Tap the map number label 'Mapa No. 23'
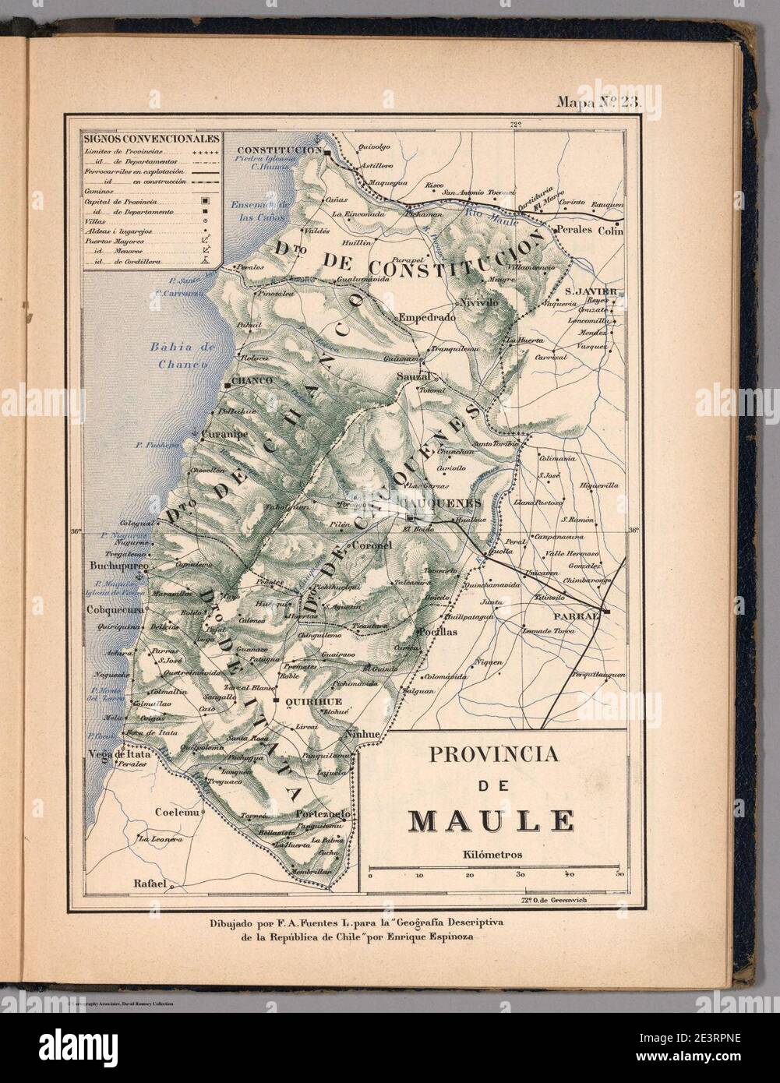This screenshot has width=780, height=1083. pos(595,103)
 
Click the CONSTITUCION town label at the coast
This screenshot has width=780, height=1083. pos(279,149)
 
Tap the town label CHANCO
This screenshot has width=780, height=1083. pos(251,381)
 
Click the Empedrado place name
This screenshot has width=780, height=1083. pos(426,317)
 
